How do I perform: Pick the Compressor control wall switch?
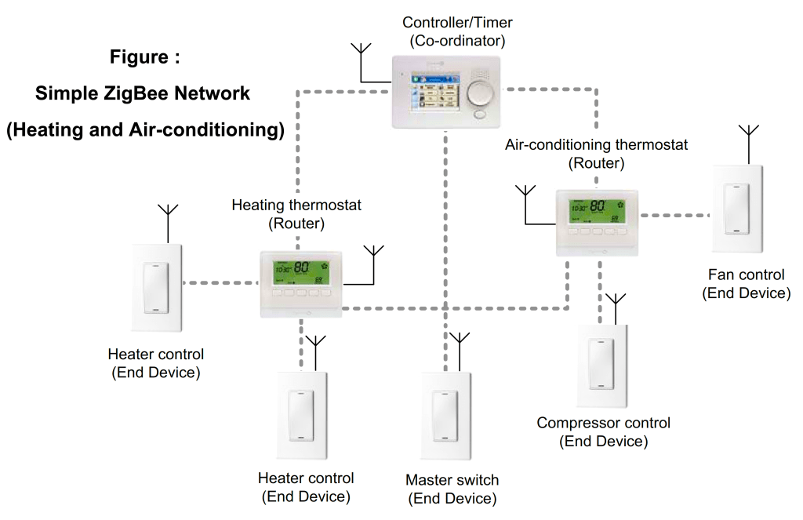(602, 365)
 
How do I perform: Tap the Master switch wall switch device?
(446, 418)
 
